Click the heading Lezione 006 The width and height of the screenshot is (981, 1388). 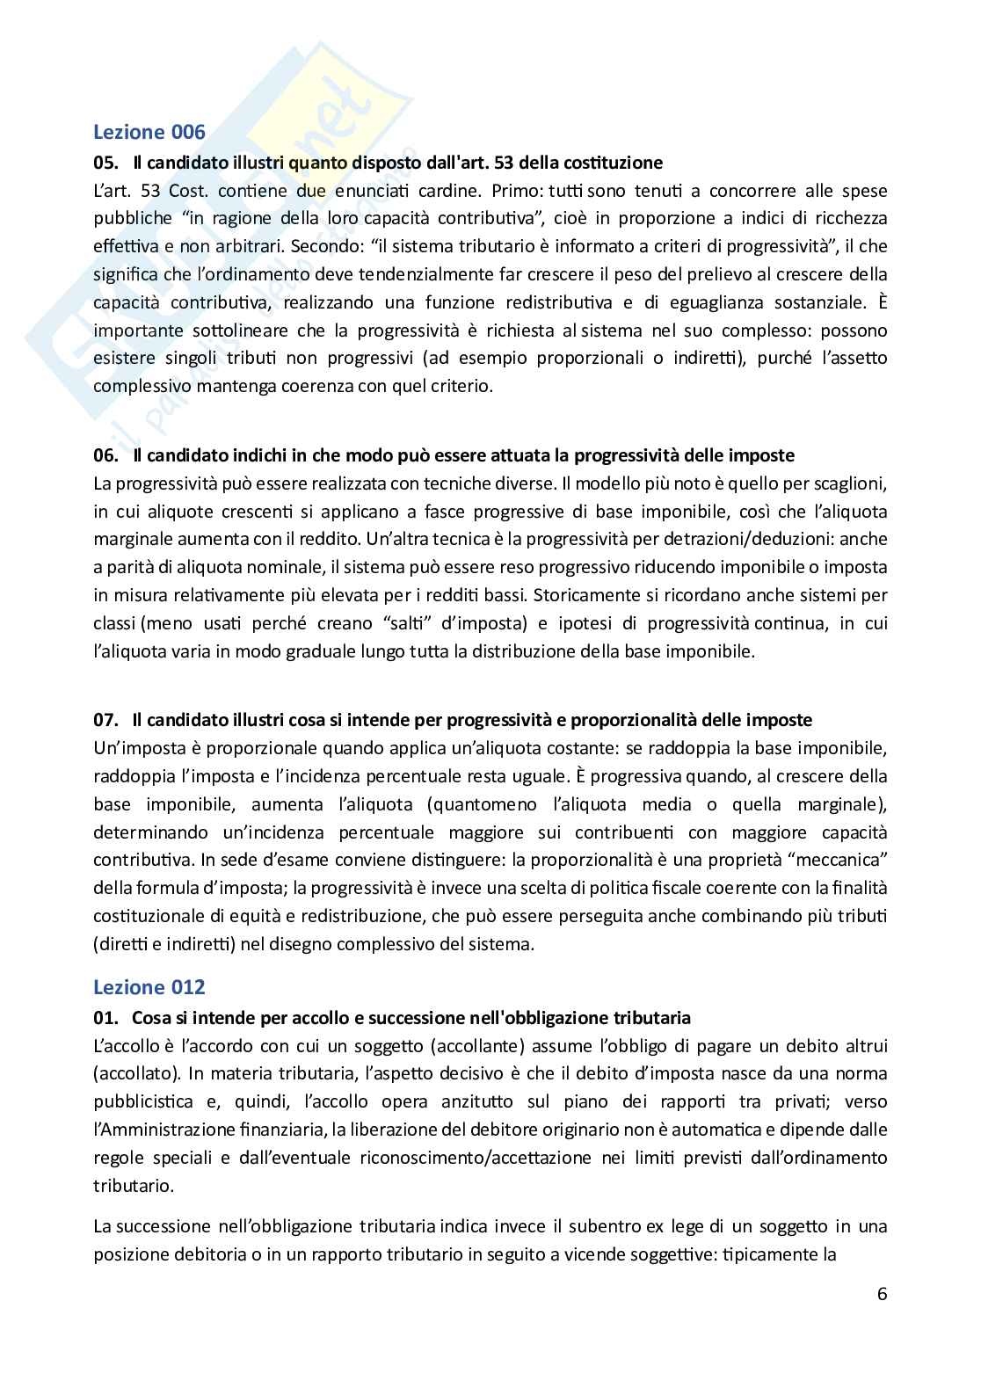(x=149, y=133)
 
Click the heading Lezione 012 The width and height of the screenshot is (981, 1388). (x=149, y=987)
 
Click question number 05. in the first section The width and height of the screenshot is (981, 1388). (x=105, y=163)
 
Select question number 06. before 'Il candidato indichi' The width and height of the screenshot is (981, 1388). (x=105, y=455)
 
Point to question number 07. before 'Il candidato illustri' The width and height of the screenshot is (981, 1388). (x=105, y=720)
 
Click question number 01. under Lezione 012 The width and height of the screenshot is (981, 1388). (x=105, y=1018)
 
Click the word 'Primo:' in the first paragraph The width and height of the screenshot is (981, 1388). (x=514, y=191)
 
